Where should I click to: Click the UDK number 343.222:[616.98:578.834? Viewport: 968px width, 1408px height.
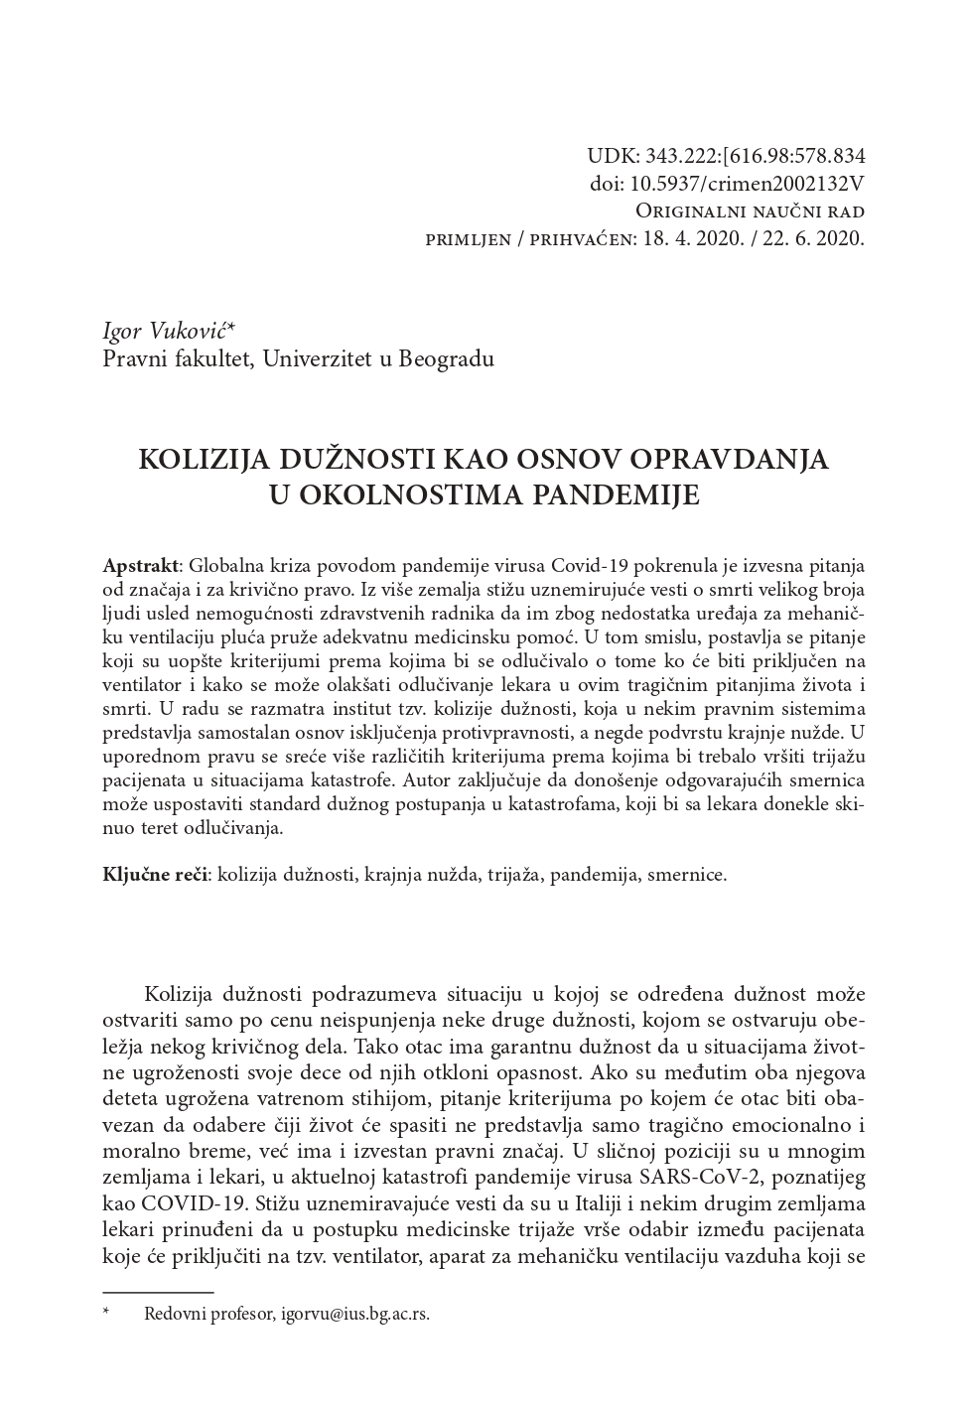click(755, 156)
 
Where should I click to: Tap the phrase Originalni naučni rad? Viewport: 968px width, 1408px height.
click(750, 211)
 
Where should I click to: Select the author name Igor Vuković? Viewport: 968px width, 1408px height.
click(179, 332)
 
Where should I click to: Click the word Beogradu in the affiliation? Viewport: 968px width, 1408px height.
click(446, 358)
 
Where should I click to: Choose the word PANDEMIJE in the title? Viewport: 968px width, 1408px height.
click(622, 494)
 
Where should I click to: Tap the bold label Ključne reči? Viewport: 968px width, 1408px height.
click(155, 875)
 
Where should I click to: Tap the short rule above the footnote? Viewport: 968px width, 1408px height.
click(158, 1292)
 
